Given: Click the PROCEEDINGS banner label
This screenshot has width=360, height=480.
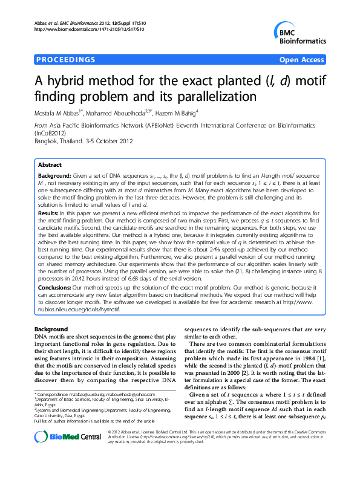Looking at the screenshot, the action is click(x=66, y=59).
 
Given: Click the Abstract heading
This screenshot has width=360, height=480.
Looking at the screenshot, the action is click(x=50, y=164).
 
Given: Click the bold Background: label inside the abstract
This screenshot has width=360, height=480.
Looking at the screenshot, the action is click(x=54, y=174).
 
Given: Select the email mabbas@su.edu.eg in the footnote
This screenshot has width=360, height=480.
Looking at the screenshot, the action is click(x=91, y=410).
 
